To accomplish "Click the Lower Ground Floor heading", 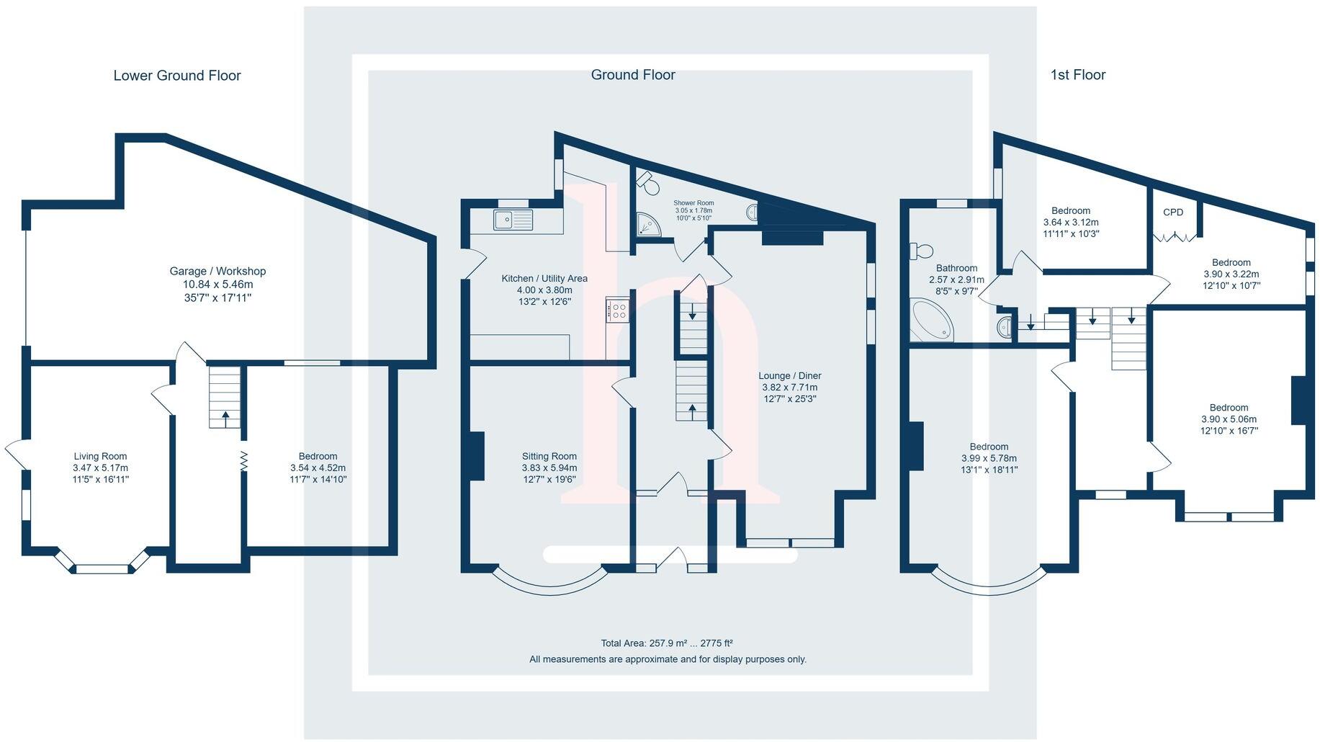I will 177,76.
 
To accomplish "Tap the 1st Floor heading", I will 1077,75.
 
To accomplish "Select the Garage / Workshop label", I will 217,272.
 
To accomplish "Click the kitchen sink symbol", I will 513,219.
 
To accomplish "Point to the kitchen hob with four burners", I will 618,310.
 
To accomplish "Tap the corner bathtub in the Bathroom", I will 930,321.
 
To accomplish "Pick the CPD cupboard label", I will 1173,213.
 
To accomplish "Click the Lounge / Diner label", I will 789,376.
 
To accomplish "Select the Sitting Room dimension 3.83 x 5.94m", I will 549,468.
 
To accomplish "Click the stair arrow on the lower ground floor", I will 225,416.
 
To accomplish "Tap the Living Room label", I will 100,456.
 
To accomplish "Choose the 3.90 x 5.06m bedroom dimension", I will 1229,419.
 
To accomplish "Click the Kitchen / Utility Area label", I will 544,279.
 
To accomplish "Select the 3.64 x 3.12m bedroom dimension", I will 1071,223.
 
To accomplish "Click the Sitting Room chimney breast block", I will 476,455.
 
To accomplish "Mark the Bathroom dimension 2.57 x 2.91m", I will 956,280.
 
